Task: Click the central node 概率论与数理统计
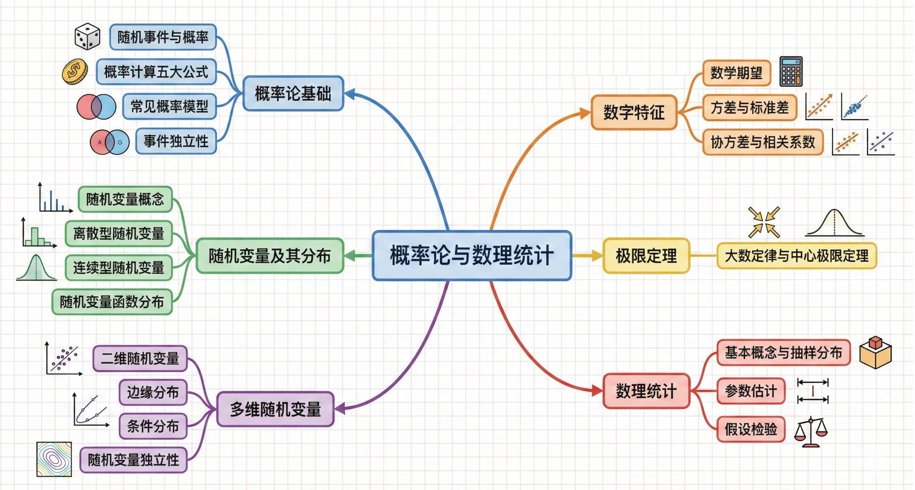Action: pos(472,255)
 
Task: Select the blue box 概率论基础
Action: pos(293,93)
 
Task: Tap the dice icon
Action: pos(87,37)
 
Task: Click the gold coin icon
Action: pos(75,72)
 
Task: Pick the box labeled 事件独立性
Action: pos(176,141)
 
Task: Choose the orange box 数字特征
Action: pos(634,112)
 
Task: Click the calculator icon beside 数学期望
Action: pos(791,72)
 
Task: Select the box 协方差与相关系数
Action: pos(762,142)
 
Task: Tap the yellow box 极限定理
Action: pos(646,256)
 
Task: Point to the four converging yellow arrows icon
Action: pos(764,222)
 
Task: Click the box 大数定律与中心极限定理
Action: pos(796,256)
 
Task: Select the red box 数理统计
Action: pos(646,391)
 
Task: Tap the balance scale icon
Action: pos(810,432)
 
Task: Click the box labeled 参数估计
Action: pos(751,391)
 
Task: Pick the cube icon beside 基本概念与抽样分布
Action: pos(875,353)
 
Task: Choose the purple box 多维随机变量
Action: pos(275,409)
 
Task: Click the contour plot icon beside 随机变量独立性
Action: pos(54,459)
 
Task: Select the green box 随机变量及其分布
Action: pos(269,256)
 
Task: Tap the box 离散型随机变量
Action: pos(118,234)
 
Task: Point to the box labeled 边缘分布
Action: pos(153,392)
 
